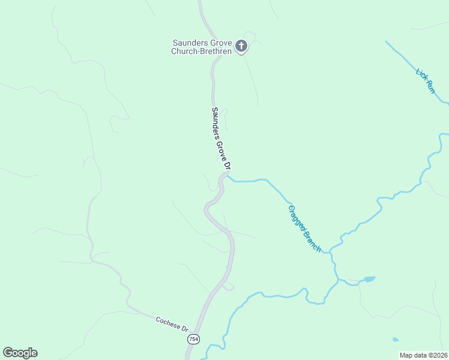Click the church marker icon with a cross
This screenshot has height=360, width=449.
tap(241, 46)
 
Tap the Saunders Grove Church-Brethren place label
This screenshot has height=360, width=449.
tap(203, 47)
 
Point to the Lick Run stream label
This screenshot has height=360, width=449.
tap(425, 80)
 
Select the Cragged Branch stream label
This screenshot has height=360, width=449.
tap(304, 229)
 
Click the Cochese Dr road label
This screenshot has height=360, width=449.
tap(172, 324)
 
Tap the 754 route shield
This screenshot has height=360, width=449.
tap(193, 340)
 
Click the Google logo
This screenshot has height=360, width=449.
tap(20, 353)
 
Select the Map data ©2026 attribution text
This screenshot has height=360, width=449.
tap(424, 355)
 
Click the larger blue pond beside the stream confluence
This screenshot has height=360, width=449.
tap(369, 279)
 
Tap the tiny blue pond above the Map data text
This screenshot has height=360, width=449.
tap(395, 340)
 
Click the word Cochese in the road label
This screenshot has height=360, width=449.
tap(167, 322)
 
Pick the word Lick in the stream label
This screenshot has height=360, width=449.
tap(420, 74)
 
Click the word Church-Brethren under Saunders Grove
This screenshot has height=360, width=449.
tap(202, 51)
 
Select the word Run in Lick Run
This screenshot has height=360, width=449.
tap(429, 87)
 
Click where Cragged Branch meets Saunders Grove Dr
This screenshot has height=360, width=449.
tap(227, 177)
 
